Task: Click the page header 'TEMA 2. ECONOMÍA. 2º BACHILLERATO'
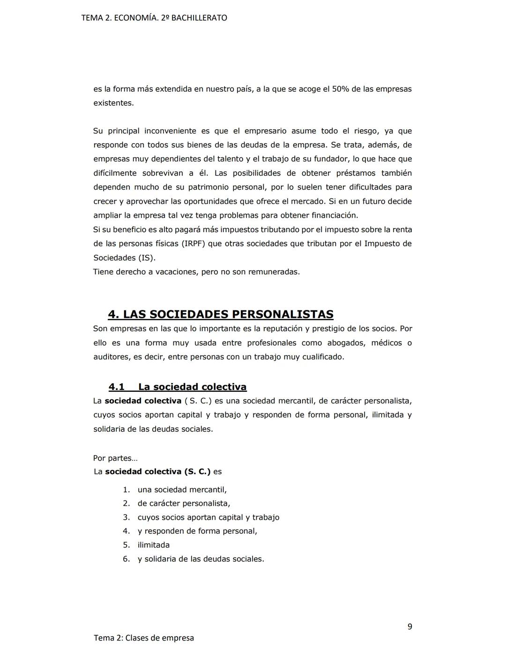154,18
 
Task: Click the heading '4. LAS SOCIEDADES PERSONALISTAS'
221,314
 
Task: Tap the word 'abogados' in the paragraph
346,343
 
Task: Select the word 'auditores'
112,357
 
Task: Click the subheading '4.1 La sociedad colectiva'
178,387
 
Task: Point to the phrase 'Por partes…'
115,458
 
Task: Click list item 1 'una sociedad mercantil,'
182,490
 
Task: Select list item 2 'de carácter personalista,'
184,503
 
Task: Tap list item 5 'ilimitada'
154,545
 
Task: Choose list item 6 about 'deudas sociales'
201,559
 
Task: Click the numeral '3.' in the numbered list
126,517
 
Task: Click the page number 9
410,626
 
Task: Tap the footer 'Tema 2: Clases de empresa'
144,638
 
